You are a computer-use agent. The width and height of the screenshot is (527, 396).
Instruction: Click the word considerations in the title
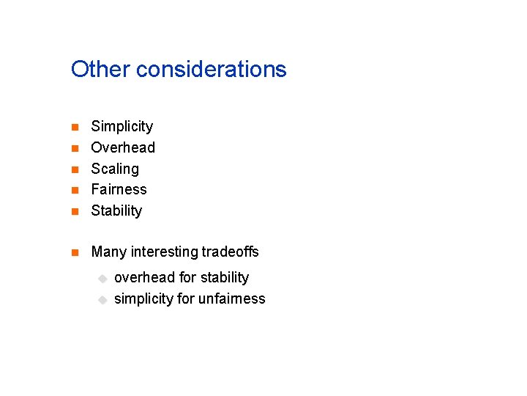(212, 70)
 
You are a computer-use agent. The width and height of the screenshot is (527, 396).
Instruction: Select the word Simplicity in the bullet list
(122, 127)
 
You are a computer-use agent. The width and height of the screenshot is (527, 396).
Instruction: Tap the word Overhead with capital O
(123, 147)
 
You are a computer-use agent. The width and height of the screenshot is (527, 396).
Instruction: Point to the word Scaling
(115, 169)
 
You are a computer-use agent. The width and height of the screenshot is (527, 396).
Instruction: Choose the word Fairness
(119, 189)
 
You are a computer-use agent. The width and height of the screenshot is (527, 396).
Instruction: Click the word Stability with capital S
(116, 210)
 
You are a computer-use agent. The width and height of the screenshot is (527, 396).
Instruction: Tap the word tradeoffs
(231, 252)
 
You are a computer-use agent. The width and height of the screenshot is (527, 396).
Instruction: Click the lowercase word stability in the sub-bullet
(223, 277)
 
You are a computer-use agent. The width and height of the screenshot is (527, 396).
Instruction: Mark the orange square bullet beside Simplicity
(74, 128)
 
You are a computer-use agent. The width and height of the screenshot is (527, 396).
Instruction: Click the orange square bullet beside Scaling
(74, 169)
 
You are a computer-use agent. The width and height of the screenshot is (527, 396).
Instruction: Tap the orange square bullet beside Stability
(74, 211)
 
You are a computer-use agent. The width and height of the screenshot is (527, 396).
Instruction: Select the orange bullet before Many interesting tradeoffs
(74, 253)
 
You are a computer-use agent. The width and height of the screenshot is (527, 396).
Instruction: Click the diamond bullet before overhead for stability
(103, 278)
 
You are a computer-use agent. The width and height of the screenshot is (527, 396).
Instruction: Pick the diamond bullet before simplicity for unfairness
(103, 299)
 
